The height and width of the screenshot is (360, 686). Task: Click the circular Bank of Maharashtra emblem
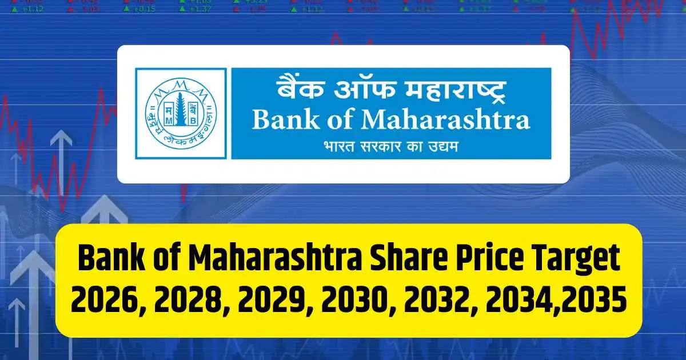coord(181,113)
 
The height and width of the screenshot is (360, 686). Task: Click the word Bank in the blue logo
coord(284,121)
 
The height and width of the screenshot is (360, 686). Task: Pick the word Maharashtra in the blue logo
coord(446,121)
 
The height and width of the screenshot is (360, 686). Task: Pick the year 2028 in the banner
coord(185,302)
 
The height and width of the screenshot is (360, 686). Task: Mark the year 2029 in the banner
coord(268,302)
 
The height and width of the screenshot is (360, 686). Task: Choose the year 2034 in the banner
coord(516,302)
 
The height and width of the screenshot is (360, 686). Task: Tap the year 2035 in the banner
coord(593,302)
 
